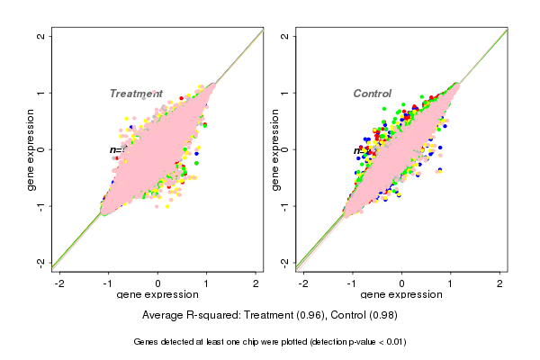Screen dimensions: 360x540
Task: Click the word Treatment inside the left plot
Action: tap(135, 94)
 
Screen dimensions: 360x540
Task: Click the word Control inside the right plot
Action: tap(372, 94)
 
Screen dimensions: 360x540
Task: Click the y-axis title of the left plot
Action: tap(31, 149)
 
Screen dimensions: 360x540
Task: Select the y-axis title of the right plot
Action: tap(274, 149)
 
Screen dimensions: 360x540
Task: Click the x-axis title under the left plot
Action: tap(157, 295)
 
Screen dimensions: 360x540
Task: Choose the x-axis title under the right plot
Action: tap(401, 295)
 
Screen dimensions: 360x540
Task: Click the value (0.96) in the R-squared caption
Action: tap(312, 316)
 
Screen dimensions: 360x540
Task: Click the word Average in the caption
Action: tap(163, 316)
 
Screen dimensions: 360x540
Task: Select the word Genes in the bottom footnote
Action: tap(147, 342)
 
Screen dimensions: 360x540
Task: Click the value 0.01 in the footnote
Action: tap(392, 342)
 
